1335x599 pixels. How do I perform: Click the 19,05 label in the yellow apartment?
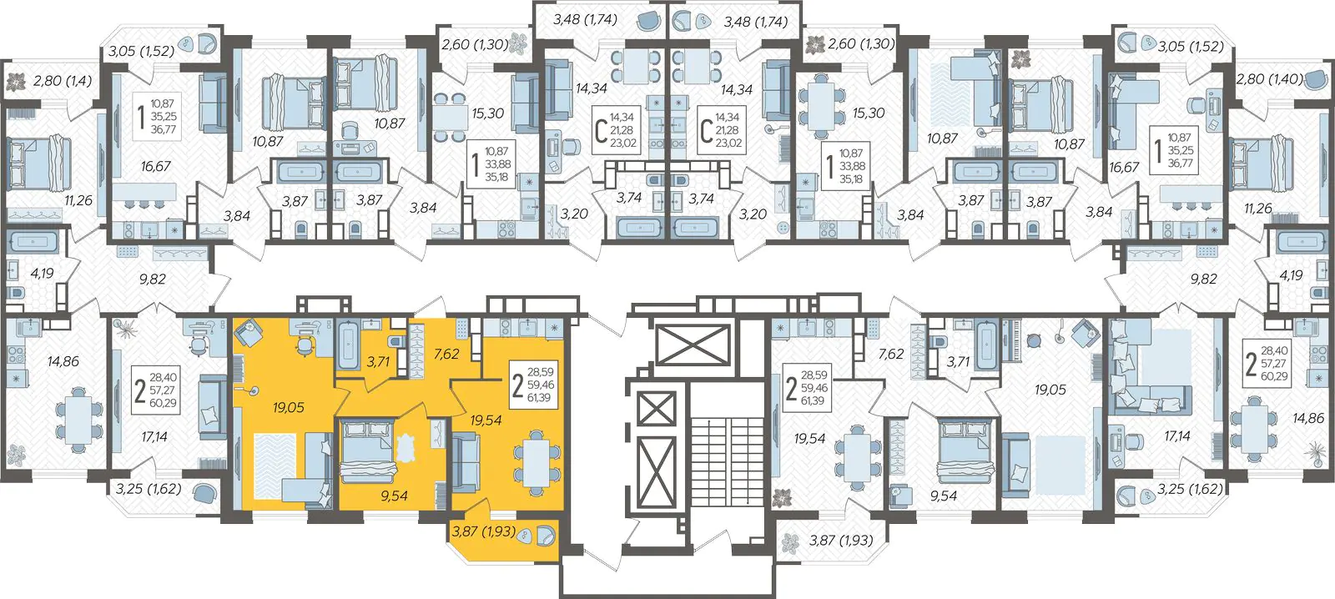(289, 408)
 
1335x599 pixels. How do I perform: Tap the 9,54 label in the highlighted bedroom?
(393, 496)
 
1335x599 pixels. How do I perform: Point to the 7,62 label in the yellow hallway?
(446, 354)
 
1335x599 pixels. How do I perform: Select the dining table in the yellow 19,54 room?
(537, 461)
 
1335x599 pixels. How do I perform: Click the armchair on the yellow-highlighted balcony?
(544, 536)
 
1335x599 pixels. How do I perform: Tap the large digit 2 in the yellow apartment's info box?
(518, 385)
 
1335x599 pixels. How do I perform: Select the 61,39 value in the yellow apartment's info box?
(539, 398)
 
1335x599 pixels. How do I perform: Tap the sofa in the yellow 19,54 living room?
(465, 463)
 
